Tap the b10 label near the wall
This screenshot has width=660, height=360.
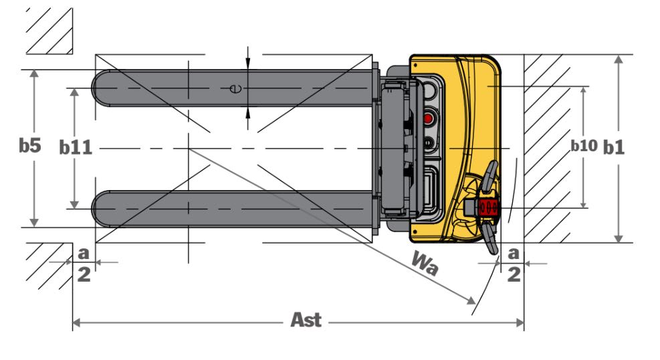[x=583, y=146]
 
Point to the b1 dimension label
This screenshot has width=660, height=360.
[x=614, y=147]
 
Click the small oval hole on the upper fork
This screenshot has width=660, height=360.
[x=234, y=88]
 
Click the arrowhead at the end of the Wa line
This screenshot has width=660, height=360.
[x=469, y=300]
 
